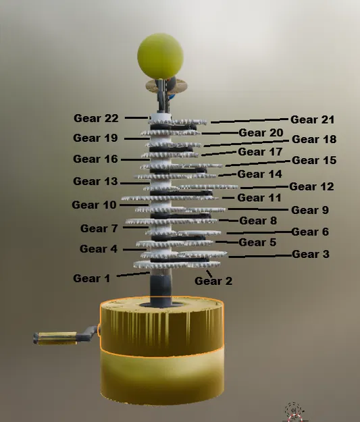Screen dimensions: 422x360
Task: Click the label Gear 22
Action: [x=96, y=118]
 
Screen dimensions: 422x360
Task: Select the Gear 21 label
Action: [x=313, y=120]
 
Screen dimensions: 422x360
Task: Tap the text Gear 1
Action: [x=91, y=278]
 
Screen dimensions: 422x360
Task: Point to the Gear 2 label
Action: [x=213, y=281]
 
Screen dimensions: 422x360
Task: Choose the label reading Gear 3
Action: [x=311, y=255]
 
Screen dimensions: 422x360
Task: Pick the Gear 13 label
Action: [x=95, y=181]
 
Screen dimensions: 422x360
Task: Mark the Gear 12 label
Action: [x=311, y=186]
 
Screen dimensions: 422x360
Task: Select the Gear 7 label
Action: [x=99, y=229]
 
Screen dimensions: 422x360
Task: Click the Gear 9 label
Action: [x=310, y=210]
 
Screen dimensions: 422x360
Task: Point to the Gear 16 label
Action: [x=95, y=159]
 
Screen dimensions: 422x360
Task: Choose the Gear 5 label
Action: [x=257, y=242]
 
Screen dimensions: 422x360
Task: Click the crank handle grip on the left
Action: [x=55, y=337]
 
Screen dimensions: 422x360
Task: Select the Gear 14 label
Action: [x=260, y=174]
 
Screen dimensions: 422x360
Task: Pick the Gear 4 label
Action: [x=98, y=249]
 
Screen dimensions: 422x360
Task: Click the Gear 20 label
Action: [x=261, y=133]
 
